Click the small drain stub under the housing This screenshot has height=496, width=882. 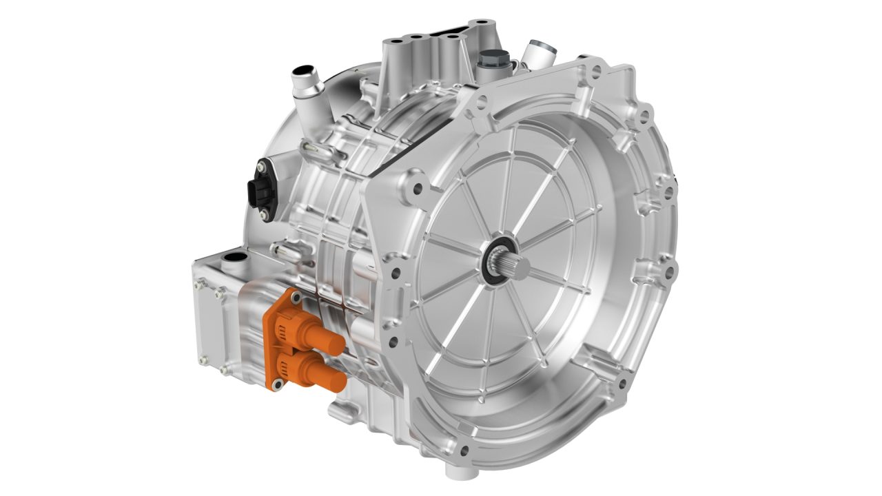(455, 470)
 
